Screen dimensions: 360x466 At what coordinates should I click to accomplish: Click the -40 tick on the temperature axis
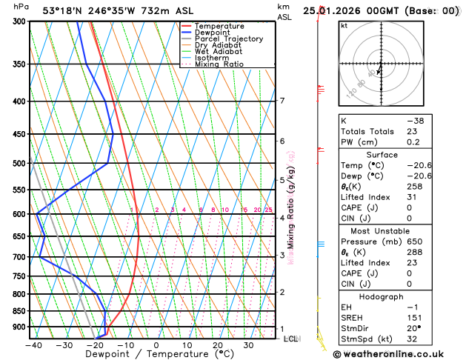[33, 344]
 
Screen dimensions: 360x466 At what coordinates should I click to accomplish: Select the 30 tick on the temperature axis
[249, 344]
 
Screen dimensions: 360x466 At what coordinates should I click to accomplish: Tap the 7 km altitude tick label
[282, 101]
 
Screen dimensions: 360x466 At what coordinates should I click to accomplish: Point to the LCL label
[291, 339]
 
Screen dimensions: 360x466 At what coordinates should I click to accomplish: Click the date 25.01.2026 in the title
[340, 10]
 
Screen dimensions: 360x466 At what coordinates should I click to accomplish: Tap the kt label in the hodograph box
[344, 26]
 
